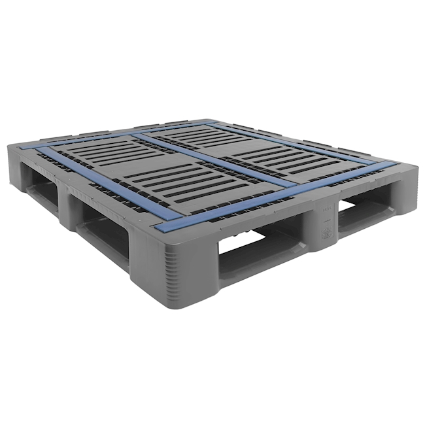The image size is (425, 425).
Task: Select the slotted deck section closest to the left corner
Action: pos(111,154)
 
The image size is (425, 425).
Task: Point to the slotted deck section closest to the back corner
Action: pos(196,134)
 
